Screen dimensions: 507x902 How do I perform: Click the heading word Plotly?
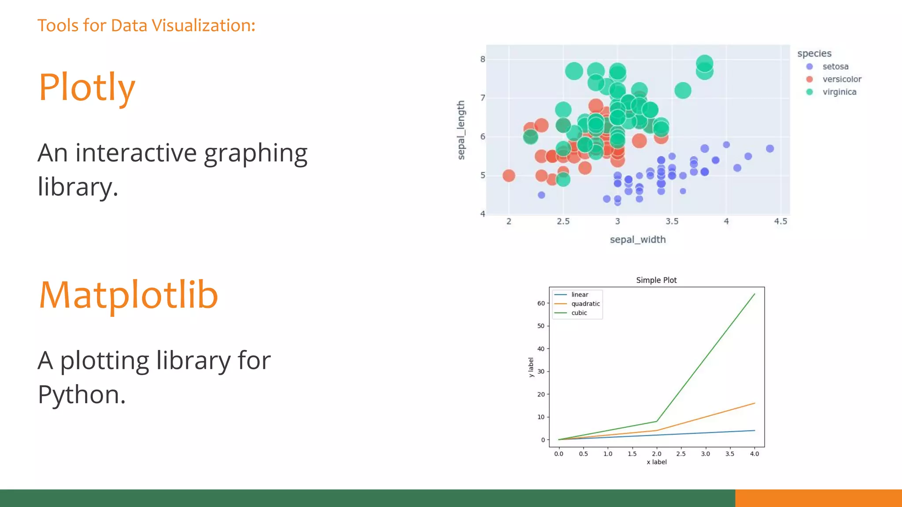click(x=87, y=87)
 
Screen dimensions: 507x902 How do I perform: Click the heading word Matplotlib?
click(x=128, y=295)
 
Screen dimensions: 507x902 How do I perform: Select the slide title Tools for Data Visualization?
click(x=146, y=26)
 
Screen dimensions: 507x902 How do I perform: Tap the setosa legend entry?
click(x=835, y=66)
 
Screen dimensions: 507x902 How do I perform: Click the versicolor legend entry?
click(x=841, y=79)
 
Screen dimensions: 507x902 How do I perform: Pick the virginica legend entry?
click(x=839, y=92)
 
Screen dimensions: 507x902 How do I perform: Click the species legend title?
click(x=814, y=53)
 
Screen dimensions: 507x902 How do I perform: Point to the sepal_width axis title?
click(x=637, y=239)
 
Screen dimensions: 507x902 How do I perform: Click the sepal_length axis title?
click(x=461, y=130)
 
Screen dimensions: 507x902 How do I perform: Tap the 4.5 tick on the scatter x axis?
click(x=780, y=221)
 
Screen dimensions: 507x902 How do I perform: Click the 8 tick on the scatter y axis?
click(x=483, y=59)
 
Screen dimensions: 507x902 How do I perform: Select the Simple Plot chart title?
click(x=656, y=280)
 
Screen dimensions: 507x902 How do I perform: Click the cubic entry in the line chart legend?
click(x=579, y=313)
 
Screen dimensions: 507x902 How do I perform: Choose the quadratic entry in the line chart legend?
click(x=585, y=304)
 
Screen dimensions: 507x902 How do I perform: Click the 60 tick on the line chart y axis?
click(x=541, y=303)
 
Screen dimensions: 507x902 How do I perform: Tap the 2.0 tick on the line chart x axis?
click(x=656, y=454)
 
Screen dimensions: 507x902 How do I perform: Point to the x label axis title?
click(x=656, y=462)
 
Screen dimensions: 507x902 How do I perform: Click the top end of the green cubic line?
click(x=754, y=294)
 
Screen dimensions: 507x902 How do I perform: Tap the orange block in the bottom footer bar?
click(x=818, y=498)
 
